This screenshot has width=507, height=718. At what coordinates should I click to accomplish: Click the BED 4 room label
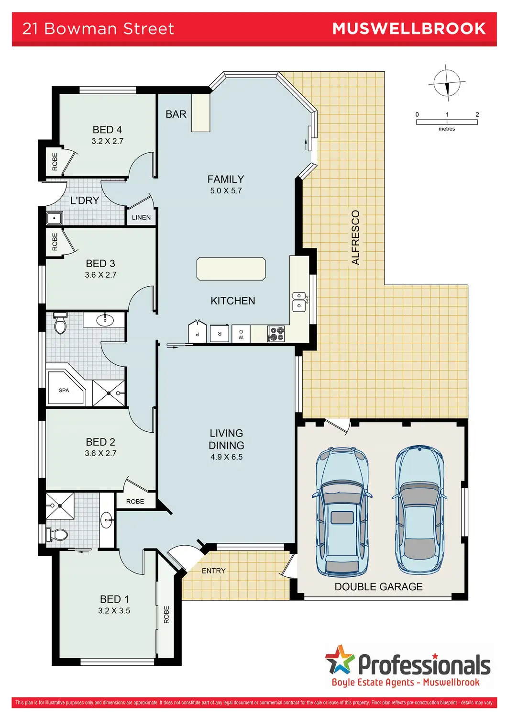coord(107,130)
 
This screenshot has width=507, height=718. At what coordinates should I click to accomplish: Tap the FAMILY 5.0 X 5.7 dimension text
coord(226,191)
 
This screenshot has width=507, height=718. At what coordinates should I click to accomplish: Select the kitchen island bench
coord(231,269)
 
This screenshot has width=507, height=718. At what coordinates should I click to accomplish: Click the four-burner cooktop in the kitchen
coord(276,334)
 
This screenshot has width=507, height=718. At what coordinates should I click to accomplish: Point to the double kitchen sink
coord(300,302)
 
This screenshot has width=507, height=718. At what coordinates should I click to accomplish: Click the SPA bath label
coord(64,390)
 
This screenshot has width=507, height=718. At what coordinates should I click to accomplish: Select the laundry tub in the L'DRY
coord(55,218)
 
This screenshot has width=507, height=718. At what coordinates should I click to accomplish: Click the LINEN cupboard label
coord(141,217)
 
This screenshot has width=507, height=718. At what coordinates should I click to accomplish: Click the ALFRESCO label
coord(355,237)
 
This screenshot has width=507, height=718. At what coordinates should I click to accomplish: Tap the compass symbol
coord(447,83)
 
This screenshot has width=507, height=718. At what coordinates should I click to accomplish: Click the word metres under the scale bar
coord(447,129)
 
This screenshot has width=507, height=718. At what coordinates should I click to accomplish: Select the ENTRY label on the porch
coord(214,571)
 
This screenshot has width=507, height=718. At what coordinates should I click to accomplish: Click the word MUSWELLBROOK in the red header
coord(409,29)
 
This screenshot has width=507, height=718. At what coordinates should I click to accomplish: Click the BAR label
coord(176,114)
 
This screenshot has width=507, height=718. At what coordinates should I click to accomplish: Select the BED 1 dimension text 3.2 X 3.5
coord(114,610)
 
